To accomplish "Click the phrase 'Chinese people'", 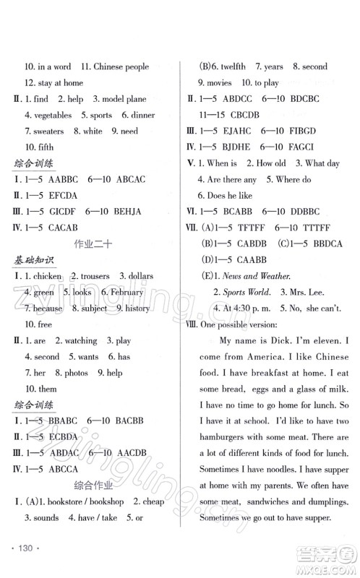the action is (121, 66).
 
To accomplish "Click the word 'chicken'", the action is (47, 277).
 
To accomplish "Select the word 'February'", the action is (127, 293).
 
